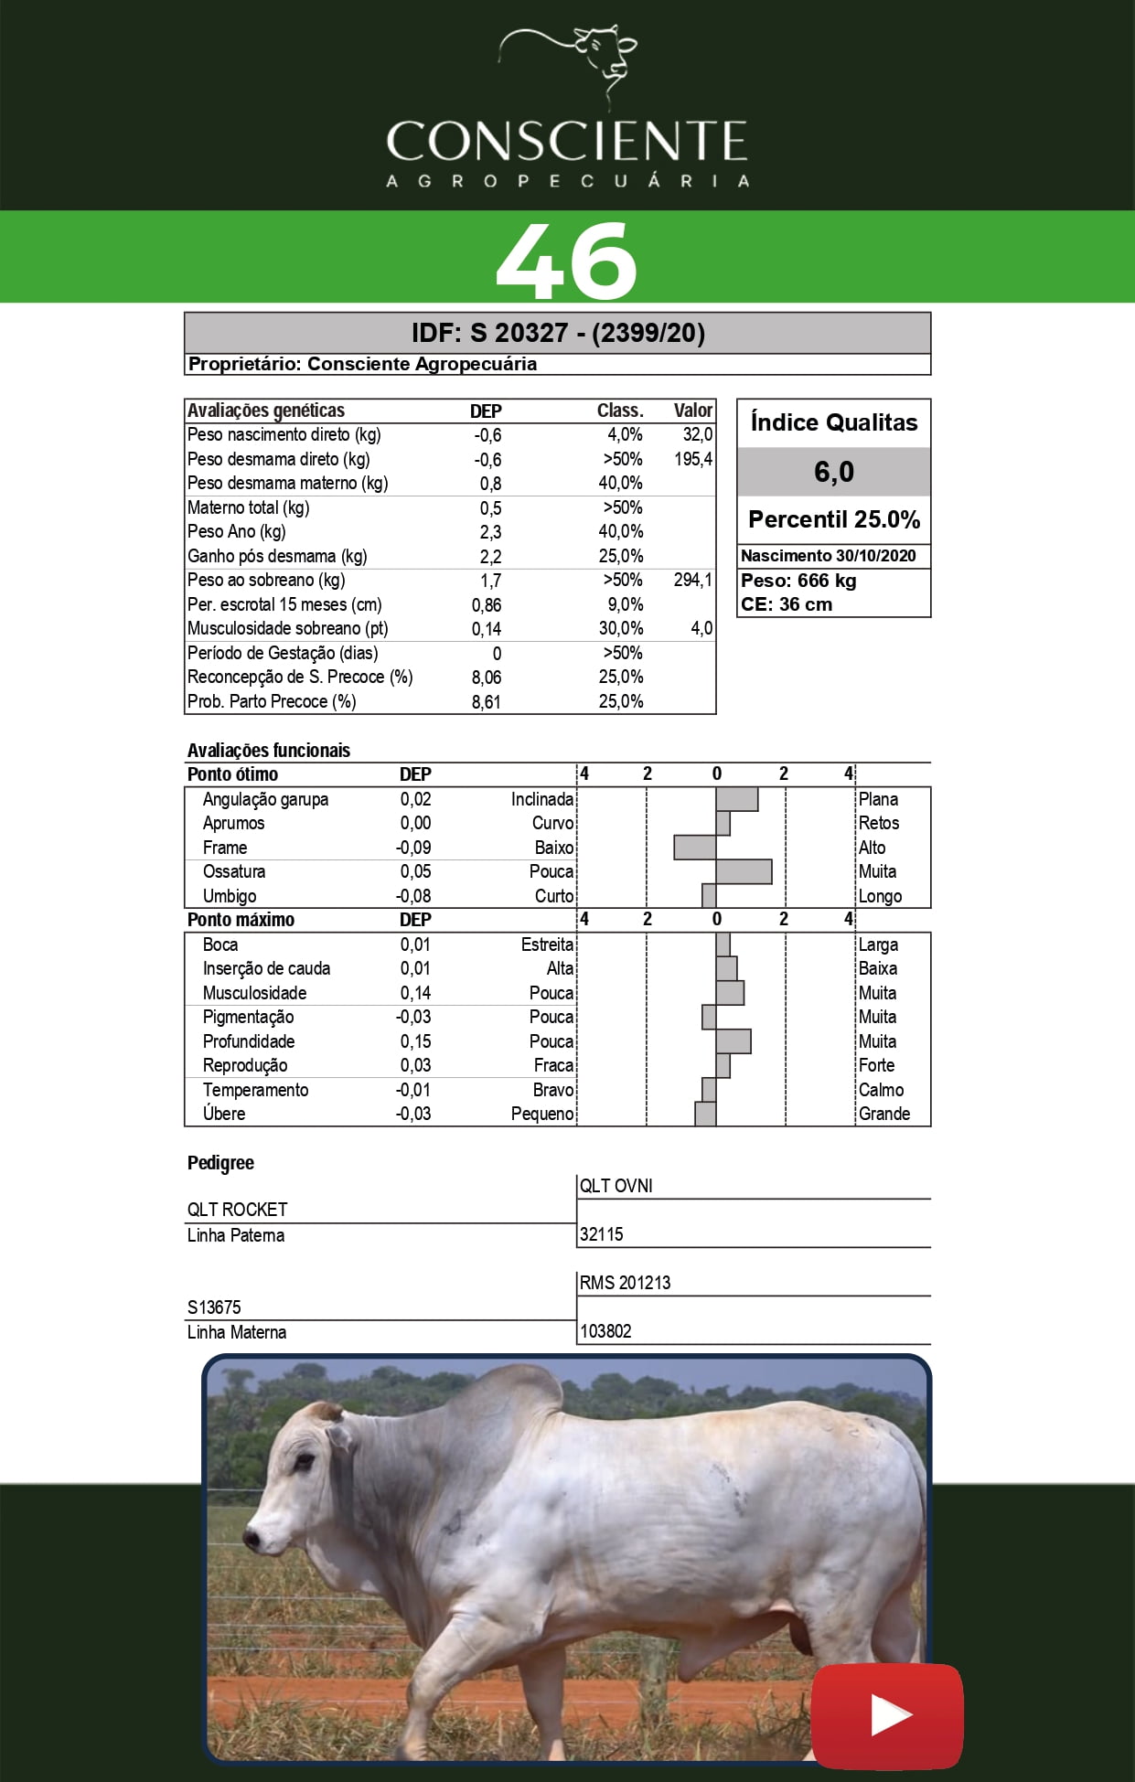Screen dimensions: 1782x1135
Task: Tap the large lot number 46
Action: point(566,261)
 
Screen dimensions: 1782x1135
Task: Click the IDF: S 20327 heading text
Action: point(557,333)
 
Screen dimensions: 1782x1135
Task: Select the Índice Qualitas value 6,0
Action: point(833,472)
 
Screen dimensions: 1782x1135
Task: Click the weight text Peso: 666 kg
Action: point(798,581)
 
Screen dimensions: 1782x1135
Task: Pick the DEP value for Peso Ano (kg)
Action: point(490,532)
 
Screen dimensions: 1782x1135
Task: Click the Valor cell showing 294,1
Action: point(692,581)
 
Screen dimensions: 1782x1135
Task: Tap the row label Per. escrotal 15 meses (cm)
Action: point(284,604)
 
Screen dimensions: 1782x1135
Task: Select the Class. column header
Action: point(620,411)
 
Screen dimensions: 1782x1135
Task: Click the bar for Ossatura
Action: point(744,872)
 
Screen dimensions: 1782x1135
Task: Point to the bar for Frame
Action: point(695,848)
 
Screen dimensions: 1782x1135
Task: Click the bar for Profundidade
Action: point(733,1041)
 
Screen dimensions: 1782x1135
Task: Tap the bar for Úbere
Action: point(705,1114)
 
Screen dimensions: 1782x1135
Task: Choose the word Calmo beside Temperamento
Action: point(881,1090)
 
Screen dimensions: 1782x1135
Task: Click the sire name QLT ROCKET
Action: point(238,1210)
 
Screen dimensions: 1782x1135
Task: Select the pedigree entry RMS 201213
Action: point(625,1283)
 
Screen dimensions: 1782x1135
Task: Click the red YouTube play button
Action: point(887,1716)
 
